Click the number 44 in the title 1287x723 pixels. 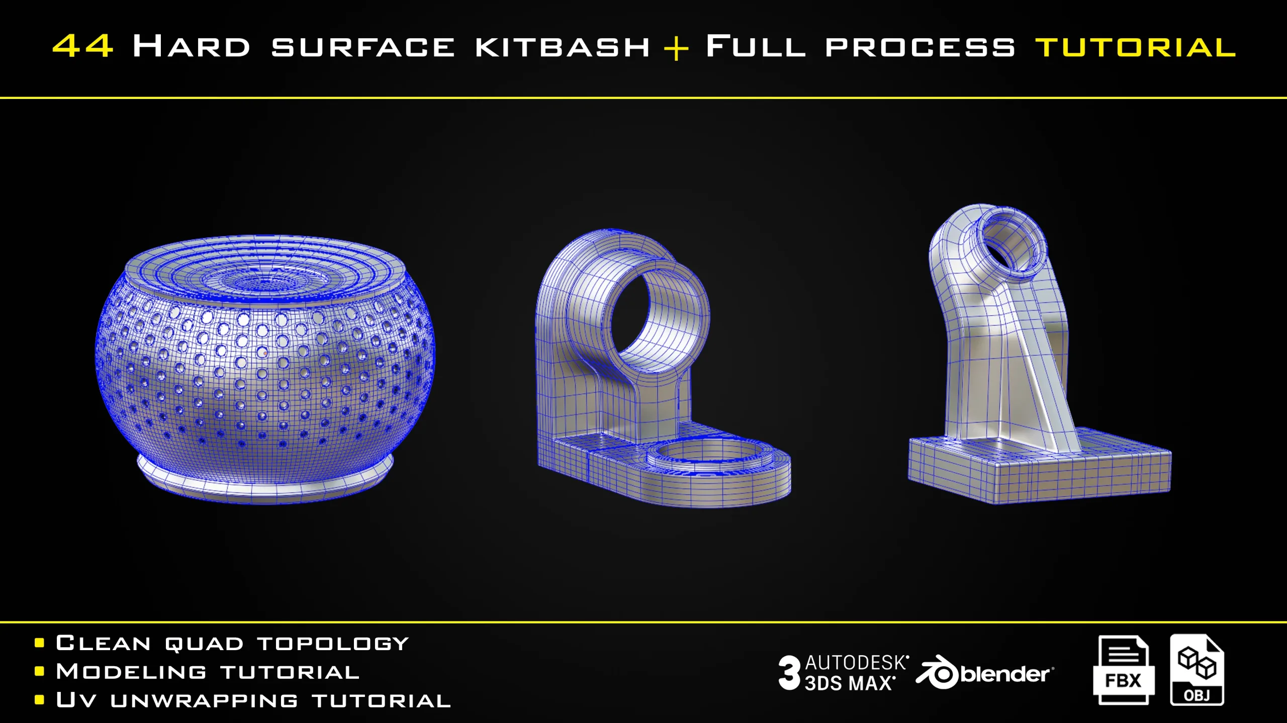(x=83, y=46)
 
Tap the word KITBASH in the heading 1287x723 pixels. (x=563, y=47)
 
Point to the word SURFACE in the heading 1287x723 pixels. (x=363, y=47)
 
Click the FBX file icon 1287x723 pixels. (x=1123, y=670)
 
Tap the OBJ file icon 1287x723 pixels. (x=1197, y=670)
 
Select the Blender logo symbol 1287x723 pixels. (x=937, y=672)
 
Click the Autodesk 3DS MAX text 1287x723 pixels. (x=857, y=673)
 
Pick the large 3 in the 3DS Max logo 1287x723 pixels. (x=789, y=673)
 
